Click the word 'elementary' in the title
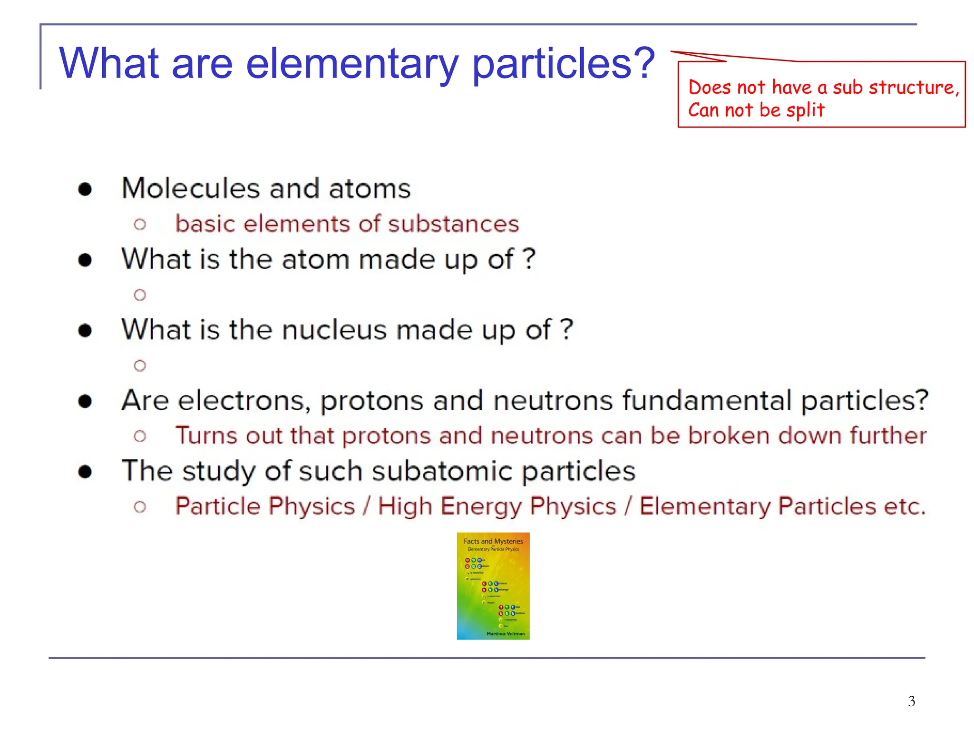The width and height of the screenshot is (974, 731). click(352, 64)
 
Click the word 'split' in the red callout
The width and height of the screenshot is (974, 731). click(805, 110)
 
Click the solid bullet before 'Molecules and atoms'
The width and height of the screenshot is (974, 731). click(85, 189)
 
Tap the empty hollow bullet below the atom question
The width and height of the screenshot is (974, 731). click(140, 295)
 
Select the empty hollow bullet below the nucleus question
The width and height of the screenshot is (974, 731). click(140, 365)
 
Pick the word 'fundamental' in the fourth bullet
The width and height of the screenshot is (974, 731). click(707, 400)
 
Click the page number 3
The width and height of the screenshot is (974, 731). click(911, 701)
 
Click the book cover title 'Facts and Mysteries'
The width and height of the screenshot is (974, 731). click(493, 541)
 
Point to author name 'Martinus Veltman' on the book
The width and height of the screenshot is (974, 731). click(505, 633)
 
